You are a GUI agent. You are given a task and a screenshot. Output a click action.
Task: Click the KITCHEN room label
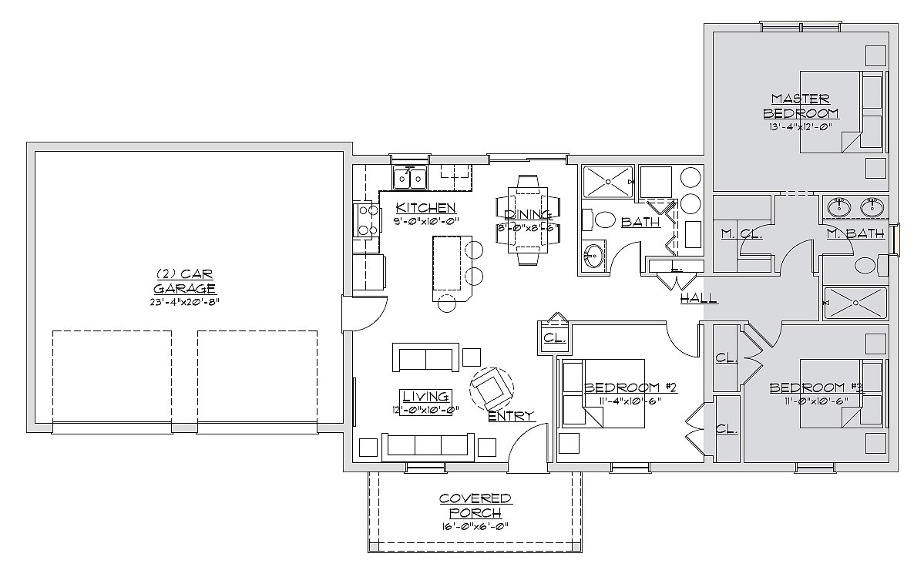[425, 208]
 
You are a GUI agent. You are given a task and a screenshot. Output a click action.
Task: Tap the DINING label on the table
[528, 214]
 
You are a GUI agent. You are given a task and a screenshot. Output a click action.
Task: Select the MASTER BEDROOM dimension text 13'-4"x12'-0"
[800, 126]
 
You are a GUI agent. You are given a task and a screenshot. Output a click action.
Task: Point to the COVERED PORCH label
[475, 506]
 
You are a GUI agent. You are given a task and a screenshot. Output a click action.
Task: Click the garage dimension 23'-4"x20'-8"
[184, 303]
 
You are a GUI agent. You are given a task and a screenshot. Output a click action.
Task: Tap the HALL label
[699, 298]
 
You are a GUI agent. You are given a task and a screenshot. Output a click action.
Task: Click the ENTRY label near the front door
[511, 416]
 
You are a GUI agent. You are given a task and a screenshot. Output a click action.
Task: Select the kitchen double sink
[410, 179]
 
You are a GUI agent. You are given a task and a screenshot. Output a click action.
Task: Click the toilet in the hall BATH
[597, 221]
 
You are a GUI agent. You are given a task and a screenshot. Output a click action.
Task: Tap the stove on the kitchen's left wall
[366, 220]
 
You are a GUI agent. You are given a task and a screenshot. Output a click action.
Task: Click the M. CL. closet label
[742, 233]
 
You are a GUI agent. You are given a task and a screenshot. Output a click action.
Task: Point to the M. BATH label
[855, 233]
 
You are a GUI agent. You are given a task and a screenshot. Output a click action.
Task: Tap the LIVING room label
[425, 397]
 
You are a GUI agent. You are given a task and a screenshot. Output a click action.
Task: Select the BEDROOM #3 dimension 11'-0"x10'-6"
[816, 401]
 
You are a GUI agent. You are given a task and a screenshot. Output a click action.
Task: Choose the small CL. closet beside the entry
[555, 338]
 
